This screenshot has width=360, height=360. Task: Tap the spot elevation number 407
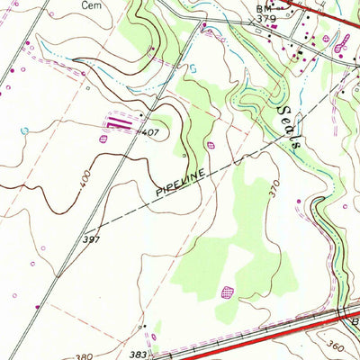point(150,133)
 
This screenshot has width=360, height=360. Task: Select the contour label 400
point(85,184)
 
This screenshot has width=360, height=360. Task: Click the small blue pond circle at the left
point(24,131)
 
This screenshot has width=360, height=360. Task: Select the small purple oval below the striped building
point(103,139)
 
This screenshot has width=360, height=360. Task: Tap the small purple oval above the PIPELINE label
point(212,143)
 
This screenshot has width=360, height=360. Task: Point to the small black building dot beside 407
point(141,115)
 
